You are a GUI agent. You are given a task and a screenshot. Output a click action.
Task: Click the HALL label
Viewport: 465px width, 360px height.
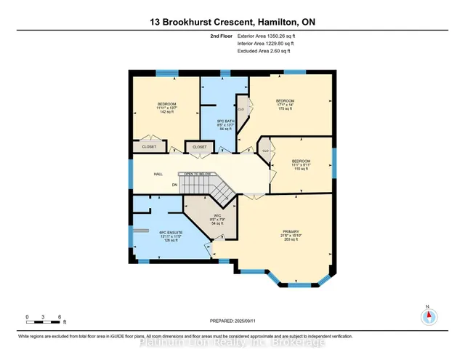158,175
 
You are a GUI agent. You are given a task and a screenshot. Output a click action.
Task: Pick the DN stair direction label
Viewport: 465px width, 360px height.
174,185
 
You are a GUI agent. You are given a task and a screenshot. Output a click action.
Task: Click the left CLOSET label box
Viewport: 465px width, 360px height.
148,147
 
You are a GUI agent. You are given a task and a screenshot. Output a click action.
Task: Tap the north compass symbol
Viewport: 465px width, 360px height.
429,316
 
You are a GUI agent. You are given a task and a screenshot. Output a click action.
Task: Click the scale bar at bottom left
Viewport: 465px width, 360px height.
44,316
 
